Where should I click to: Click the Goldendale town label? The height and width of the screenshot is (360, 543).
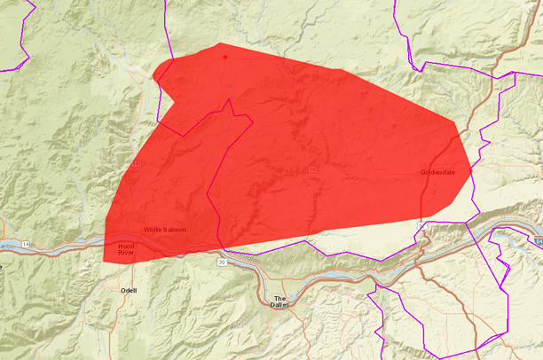(x=437, y=172)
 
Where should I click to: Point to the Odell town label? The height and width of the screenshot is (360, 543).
(x=130, y=290)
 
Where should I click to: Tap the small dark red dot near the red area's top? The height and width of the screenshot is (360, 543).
(x=225, y=57)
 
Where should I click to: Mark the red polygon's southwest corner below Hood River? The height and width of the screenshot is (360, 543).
(x=104, y=262)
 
